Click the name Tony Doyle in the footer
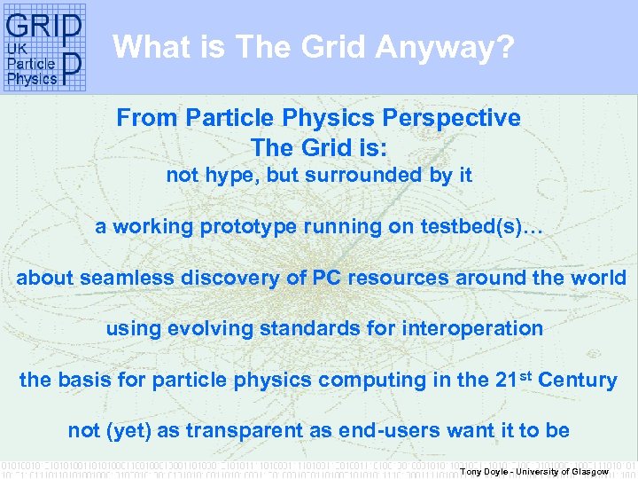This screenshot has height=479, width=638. pos(482,471)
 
